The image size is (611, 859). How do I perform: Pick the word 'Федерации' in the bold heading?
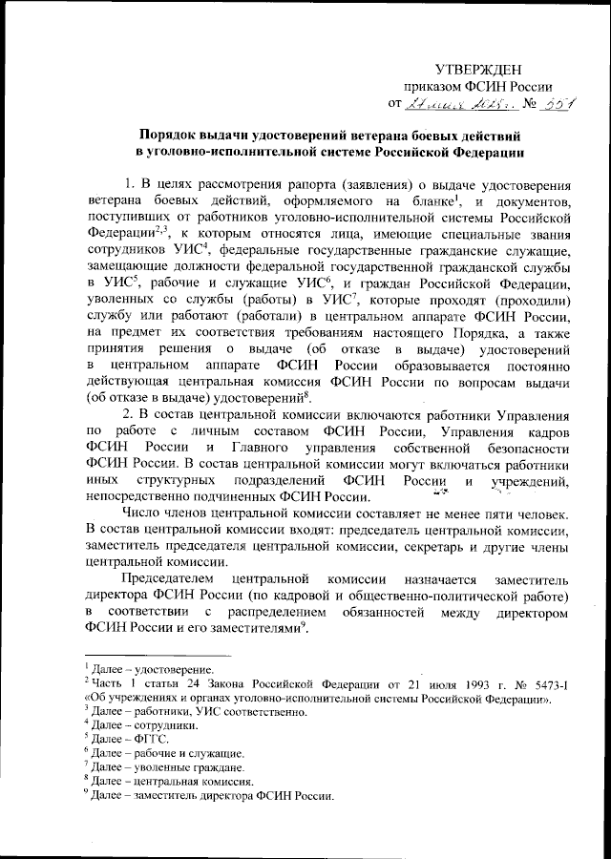(479, 155)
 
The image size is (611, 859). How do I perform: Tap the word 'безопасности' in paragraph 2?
(523, 450)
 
